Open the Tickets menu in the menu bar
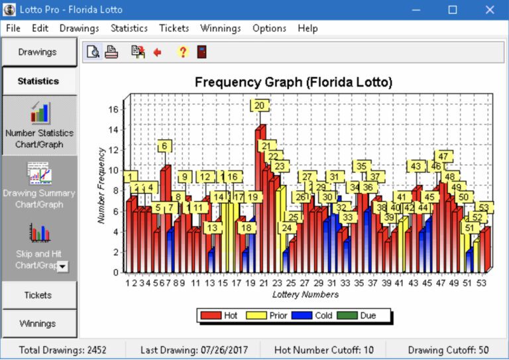[x=174, y=28]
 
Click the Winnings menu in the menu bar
[x=221, y=28]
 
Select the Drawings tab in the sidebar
[x=38, y=52]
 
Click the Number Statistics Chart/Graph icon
[x=40, y=113]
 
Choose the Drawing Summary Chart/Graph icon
[x=39, y=174]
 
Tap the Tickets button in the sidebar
[x=38, y=295]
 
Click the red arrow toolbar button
[x=158, y=52]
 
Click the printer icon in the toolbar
[x=111, y=52]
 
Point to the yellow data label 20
[x=259, y=105]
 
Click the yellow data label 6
[x=164, y=146]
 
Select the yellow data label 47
[x=443, y=156]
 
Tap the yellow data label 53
[x=483, y=208]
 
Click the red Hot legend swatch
[x=211, y=316]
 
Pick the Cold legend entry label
[x=323, y=316]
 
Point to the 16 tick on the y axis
[x=113, y=109]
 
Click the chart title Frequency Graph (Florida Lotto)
[x=294, y=82]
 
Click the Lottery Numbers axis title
[x=306, y=294]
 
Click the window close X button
[x=489, y=10]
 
